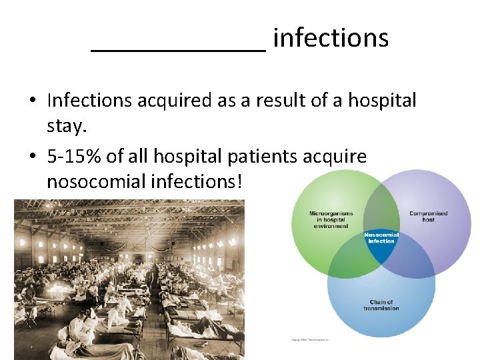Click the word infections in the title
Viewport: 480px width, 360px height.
coord(331,38)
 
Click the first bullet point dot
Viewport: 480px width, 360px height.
coord(32,101)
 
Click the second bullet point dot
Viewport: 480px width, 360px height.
coord(32,157)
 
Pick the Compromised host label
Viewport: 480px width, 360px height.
coord(428,216)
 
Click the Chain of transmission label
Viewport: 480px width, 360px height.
coord(381,305)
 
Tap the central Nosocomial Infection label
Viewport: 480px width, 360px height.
coord(381,238)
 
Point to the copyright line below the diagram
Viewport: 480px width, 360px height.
coord(310,339)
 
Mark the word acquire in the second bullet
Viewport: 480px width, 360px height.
coord(337,156)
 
